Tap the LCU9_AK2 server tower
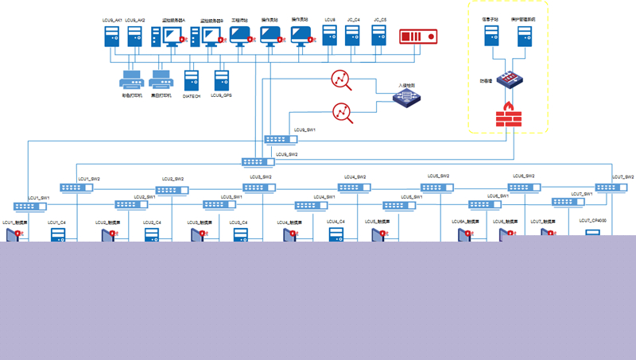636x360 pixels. pyautogui.click(x=135, y=37)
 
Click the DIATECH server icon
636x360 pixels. pyautogui.click(x=192, y=80)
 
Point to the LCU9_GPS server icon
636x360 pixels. pyautogui.click(x=221, y=80)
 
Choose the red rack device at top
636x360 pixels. pyautogui.click(x=418, y=37)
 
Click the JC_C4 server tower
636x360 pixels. pyautogui.click(x=354, y=37)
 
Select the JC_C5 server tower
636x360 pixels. pyautogui.click(x=379, y=37)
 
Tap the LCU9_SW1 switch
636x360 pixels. pyautogui.click(x=281, y=139)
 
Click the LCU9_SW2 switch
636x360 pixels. pyautogui.click(x=258, y=162)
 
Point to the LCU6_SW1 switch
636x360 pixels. pyautogui.click(x=483, y=204)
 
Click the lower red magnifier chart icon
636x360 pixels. pyautogui.click(x=343, y=113)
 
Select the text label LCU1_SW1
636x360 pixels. pyautogui.click(x=39, y=196)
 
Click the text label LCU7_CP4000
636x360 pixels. pyautogui.click(x=592, y=220)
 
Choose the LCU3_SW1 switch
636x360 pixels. pyautogui.click(x=219, y=204)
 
